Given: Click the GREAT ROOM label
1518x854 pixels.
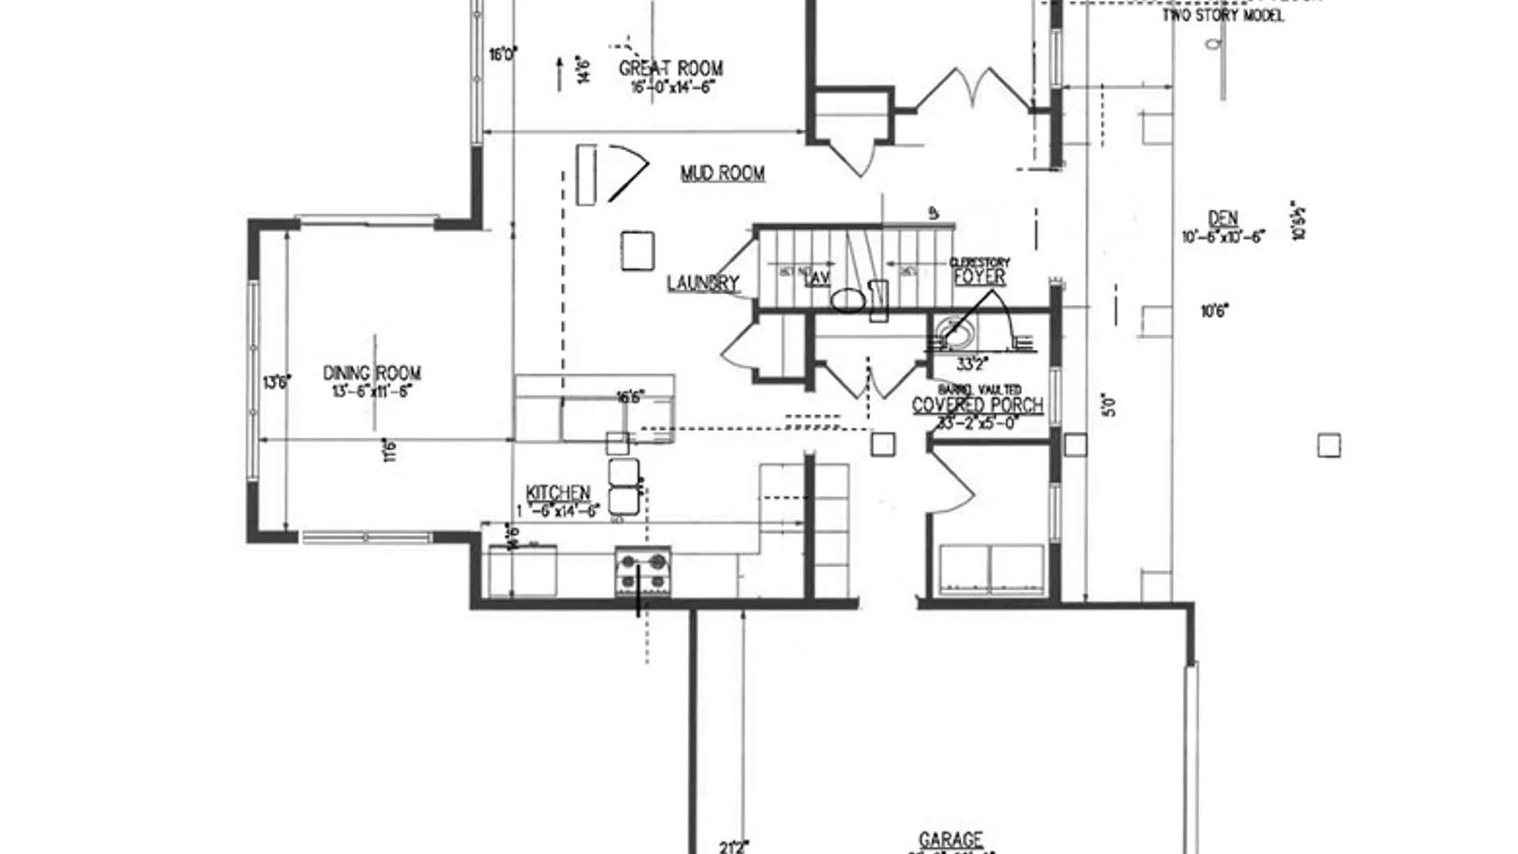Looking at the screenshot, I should point(670,69).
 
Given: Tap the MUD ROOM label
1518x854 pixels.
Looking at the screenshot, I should point(723,173).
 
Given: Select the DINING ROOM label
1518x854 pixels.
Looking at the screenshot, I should point(372,372).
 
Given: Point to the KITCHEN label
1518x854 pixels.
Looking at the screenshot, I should point(558,493).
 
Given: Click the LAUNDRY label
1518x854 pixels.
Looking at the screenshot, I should point(703,283).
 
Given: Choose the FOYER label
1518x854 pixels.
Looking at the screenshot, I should point(980,277).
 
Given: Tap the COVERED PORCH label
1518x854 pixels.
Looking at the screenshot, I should point(978,405).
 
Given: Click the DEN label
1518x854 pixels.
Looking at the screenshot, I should point(1223,218).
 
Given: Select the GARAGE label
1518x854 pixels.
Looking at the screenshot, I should point(951,840).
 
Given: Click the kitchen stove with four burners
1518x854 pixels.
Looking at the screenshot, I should point(643,572).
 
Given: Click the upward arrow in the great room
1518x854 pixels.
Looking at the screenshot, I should point(560,74).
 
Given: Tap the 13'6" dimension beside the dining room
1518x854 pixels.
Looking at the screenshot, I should point(277,383).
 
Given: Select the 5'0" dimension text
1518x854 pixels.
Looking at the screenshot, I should point(1110,406).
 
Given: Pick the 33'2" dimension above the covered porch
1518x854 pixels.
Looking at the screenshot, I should point(972,365).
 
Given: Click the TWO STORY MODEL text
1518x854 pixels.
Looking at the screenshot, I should point(1222,15).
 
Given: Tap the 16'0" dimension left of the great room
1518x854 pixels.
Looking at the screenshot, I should point(503,55).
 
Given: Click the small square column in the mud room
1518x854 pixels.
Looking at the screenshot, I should point(637,251).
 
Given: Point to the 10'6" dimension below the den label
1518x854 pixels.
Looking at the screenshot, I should point(1214,312).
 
